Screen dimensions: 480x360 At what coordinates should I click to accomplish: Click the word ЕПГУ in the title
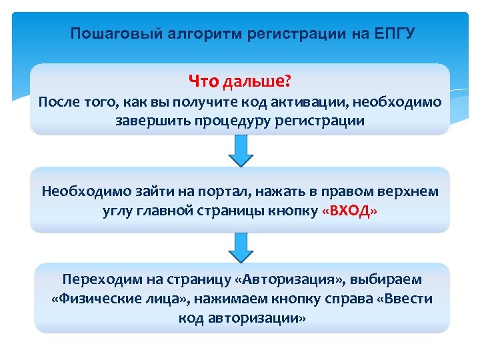point(395,34)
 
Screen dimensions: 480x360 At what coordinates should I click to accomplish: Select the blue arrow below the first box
point(240,151)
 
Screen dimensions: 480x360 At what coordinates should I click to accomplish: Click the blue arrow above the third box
point(240,248)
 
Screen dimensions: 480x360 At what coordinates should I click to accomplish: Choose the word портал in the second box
point(201,191)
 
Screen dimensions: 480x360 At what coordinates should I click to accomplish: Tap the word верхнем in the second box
point(408,191)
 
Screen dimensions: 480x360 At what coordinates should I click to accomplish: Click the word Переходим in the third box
point(95,279)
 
